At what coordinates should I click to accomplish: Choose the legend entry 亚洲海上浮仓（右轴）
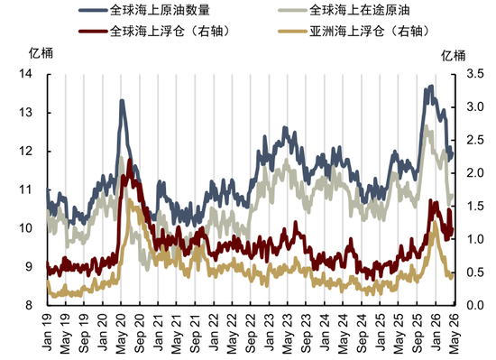(367, 29)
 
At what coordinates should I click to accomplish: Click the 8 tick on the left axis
(32, 305)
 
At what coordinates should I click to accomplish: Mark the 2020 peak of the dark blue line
(121, 101)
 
